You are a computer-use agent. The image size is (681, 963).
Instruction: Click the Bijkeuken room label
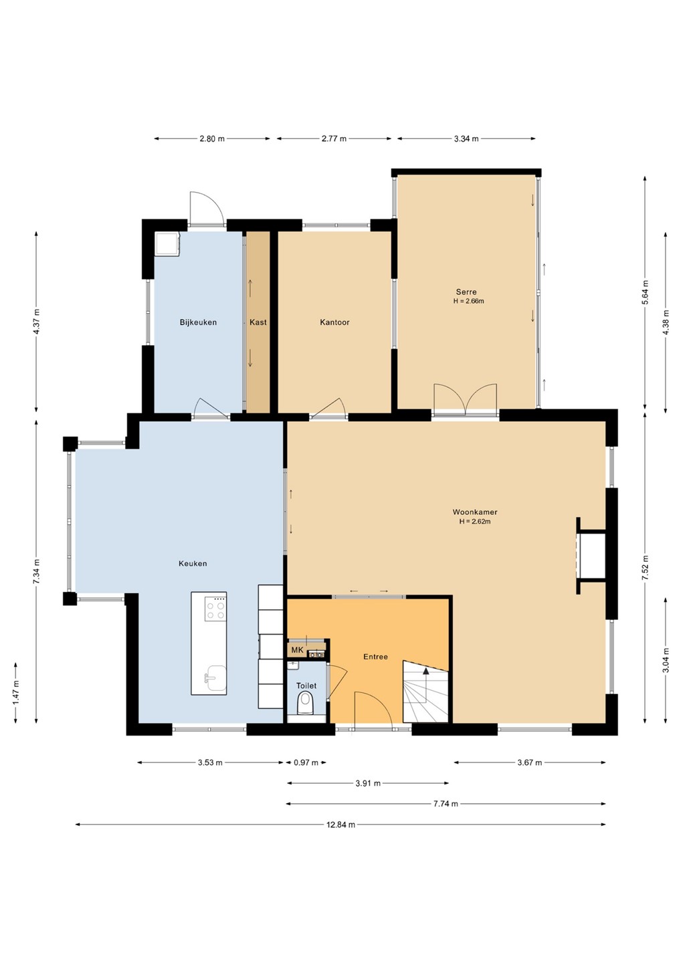198,322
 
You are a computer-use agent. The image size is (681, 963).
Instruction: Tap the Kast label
258,322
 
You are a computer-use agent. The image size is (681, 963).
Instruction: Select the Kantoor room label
334,322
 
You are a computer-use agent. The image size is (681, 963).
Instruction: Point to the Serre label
466,292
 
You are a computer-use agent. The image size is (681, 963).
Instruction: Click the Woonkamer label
475,512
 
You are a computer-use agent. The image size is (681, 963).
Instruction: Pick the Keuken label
193,563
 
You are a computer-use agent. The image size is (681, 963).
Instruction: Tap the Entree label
375,657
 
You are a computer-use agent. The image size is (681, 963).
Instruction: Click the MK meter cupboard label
297,650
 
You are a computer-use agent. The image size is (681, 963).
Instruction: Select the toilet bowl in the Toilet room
306,703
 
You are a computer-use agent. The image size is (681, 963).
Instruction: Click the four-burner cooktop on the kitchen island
215,610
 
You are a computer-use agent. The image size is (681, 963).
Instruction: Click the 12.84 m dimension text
340,825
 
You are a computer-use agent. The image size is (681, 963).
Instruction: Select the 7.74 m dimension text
446,804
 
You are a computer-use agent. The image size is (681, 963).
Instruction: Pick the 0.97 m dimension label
306,762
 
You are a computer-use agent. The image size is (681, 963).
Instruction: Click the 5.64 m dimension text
644,292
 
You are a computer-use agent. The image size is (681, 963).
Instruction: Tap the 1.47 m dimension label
15,691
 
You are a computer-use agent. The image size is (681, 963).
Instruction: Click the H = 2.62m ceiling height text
475,522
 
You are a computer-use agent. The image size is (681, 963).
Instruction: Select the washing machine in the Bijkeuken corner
167,244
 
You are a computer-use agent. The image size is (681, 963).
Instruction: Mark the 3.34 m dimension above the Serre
466,138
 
